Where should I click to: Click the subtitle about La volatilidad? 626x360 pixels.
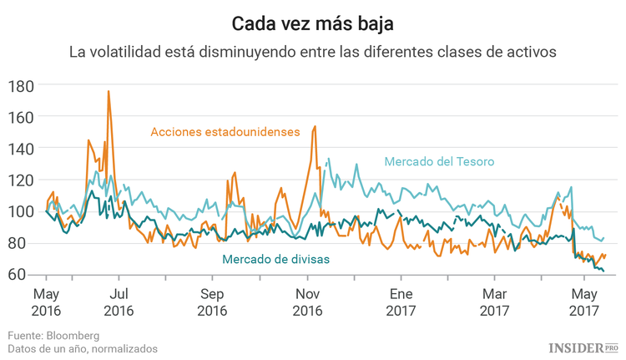312,52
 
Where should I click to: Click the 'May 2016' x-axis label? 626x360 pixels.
45,302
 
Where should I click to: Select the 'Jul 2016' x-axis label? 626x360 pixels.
119,302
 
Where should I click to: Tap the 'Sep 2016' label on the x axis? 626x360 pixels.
213,302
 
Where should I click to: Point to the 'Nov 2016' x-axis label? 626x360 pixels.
308,302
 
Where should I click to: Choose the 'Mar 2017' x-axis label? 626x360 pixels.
495,302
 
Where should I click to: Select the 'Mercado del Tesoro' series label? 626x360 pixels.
439,161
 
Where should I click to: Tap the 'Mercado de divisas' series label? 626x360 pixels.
275,259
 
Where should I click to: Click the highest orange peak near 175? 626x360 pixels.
109,92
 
